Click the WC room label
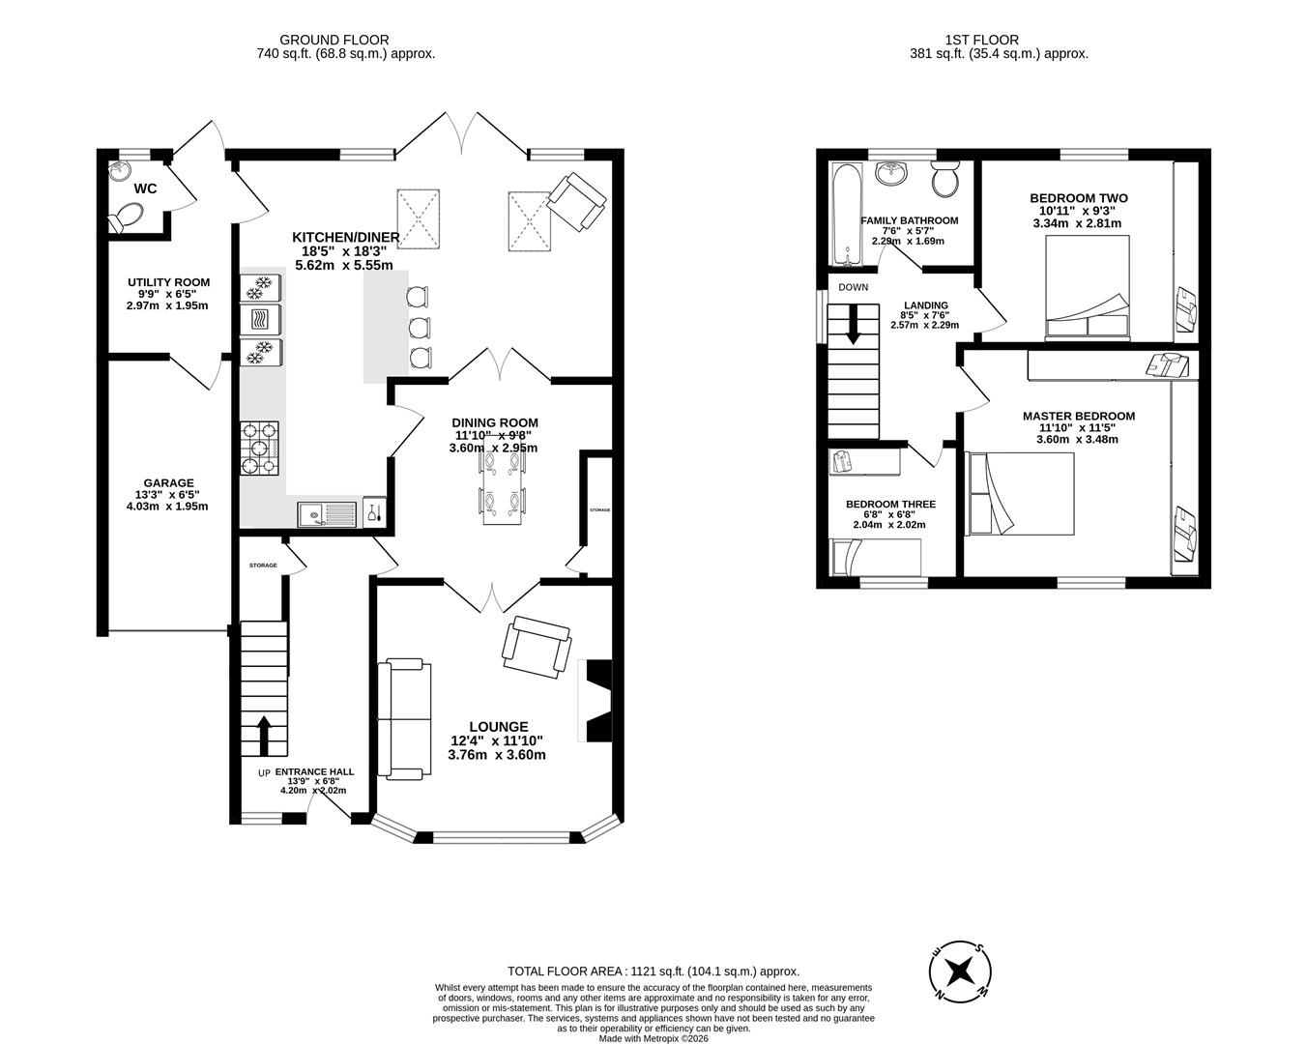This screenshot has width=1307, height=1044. click(x=145, y=188)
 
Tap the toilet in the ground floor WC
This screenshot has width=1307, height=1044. click(x=124, y=218)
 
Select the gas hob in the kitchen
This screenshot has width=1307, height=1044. click(x=259, y=449)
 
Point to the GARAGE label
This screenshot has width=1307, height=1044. click(x=168, y=483)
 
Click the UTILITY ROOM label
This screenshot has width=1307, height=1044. click(x=168, y=282)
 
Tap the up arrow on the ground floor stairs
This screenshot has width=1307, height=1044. click(x=263, y=736)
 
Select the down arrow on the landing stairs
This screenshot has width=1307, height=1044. click(x=853, y=324)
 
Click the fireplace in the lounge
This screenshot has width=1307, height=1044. click(x=595, y=701)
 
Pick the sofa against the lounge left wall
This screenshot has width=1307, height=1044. click(x=402, y=719)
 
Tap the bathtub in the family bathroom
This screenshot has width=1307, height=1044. click(x=845, y=215)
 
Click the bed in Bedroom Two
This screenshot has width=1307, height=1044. click(x=1088, y=287)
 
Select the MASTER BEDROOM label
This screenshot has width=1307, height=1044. click(x=1079, y=417)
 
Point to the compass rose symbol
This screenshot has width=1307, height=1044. click(x=960, y=970)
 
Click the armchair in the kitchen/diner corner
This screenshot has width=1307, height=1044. click(x=578, y=201)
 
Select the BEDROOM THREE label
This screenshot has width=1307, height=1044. click(x=890, y=505)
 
